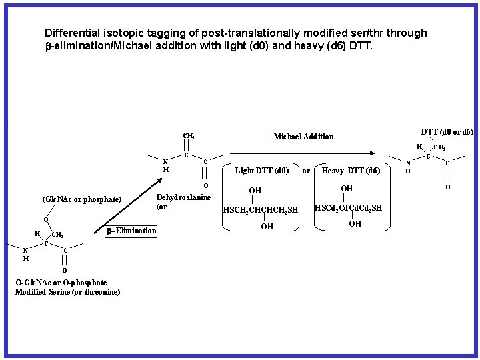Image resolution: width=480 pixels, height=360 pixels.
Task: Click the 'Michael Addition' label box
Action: pos(303,137)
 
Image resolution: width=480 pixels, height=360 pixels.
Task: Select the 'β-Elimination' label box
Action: pos(131,231)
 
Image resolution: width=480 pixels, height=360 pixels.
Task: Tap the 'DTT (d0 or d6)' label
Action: pos(447,132)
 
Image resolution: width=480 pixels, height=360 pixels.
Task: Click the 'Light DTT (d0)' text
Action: pos(262,171)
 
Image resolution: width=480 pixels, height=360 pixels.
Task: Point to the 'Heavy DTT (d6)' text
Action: pos(351,171)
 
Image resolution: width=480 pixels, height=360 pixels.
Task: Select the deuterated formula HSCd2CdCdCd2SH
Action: pos(349,208)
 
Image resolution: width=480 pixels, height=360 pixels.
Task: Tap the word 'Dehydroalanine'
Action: pos(183,197)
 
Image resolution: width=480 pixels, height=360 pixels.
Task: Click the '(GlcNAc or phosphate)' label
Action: pos(81,199)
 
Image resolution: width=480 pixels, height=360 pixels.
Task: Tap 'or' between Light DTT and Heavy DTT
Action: pos(306,171)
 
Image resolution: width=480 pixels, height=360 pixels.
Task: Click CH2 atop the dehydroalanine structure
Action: pos(189,137)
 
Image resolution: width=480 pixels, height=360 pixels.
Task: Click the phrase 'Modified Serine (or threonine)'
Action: pos(67,292)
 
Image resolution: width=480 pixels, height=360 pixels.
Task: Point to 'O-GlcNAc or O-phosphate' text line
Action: pos(61,283)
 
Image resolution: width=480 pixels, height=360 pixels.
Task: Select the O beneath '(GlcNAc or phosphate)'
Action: pos(45,220)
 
